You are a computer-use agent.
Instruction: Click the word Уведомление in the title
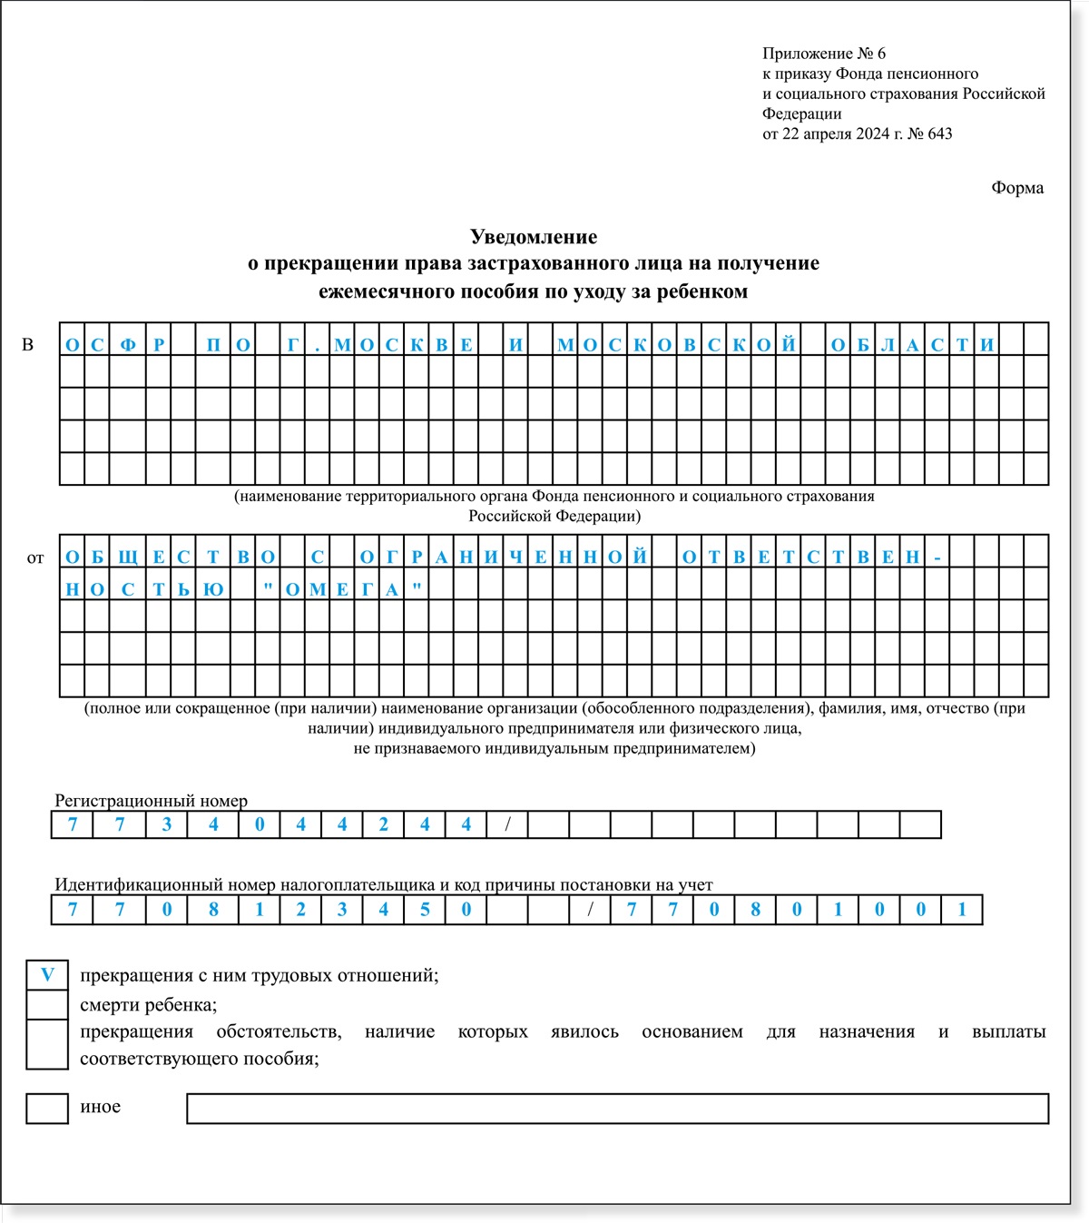pos(534,237)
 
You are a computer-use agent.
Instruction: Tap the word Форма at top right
pos(1017,188)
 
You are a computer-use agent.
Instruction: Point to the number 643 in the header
pos(940,133)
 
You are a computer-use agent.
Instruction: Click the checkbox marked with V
pos(47,975)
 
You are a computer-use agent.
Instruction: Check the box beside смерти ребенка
pos(47,1005)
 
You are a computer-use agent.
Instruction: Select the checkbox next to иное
pos(47,1109)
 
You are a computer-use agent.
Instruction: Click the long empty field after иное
pos(617,1109)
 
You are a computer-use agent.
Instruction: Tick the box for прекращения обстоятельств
pos(47,1044)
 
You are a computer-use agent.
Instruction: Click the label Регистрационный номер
pos(151,801)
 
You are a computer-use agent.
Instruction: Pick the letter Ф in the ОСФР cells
pos(128,345)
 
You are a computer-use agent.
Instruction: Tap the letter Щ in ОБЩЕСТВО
pos(128,557)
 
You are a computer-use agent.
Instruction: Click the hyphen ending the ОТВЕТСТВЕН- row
pos(937,557)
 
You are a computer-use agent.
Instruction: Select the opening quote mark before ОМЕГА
pos(268,588)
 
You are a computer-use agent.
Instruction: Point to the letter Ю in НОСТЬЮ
pos(215,589)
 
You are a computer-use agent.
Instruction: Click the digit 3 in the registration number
pos(166,824)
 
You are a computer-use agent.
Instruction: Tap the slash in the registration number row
pos(507,824)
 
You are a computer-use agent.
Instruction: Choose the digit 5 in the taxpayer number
pos(425,910)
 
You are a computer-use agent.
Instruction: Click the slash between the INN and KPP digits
pos(590,910)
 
